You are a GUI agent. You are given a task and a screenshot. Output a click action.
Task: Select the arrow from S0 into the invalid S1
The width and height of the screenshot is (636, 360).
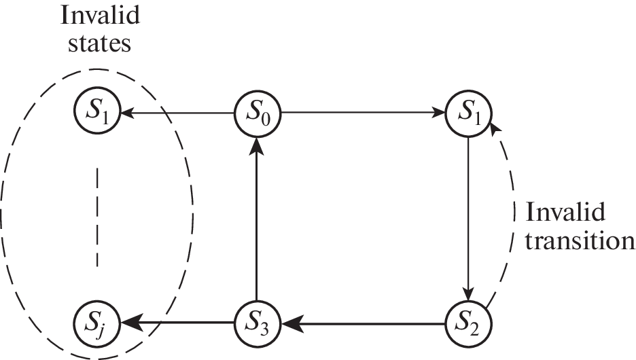coord(177,113)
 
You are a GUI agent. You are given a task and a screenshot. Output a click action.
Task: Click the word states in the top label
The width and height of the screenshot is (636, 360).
coord(96,45)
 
